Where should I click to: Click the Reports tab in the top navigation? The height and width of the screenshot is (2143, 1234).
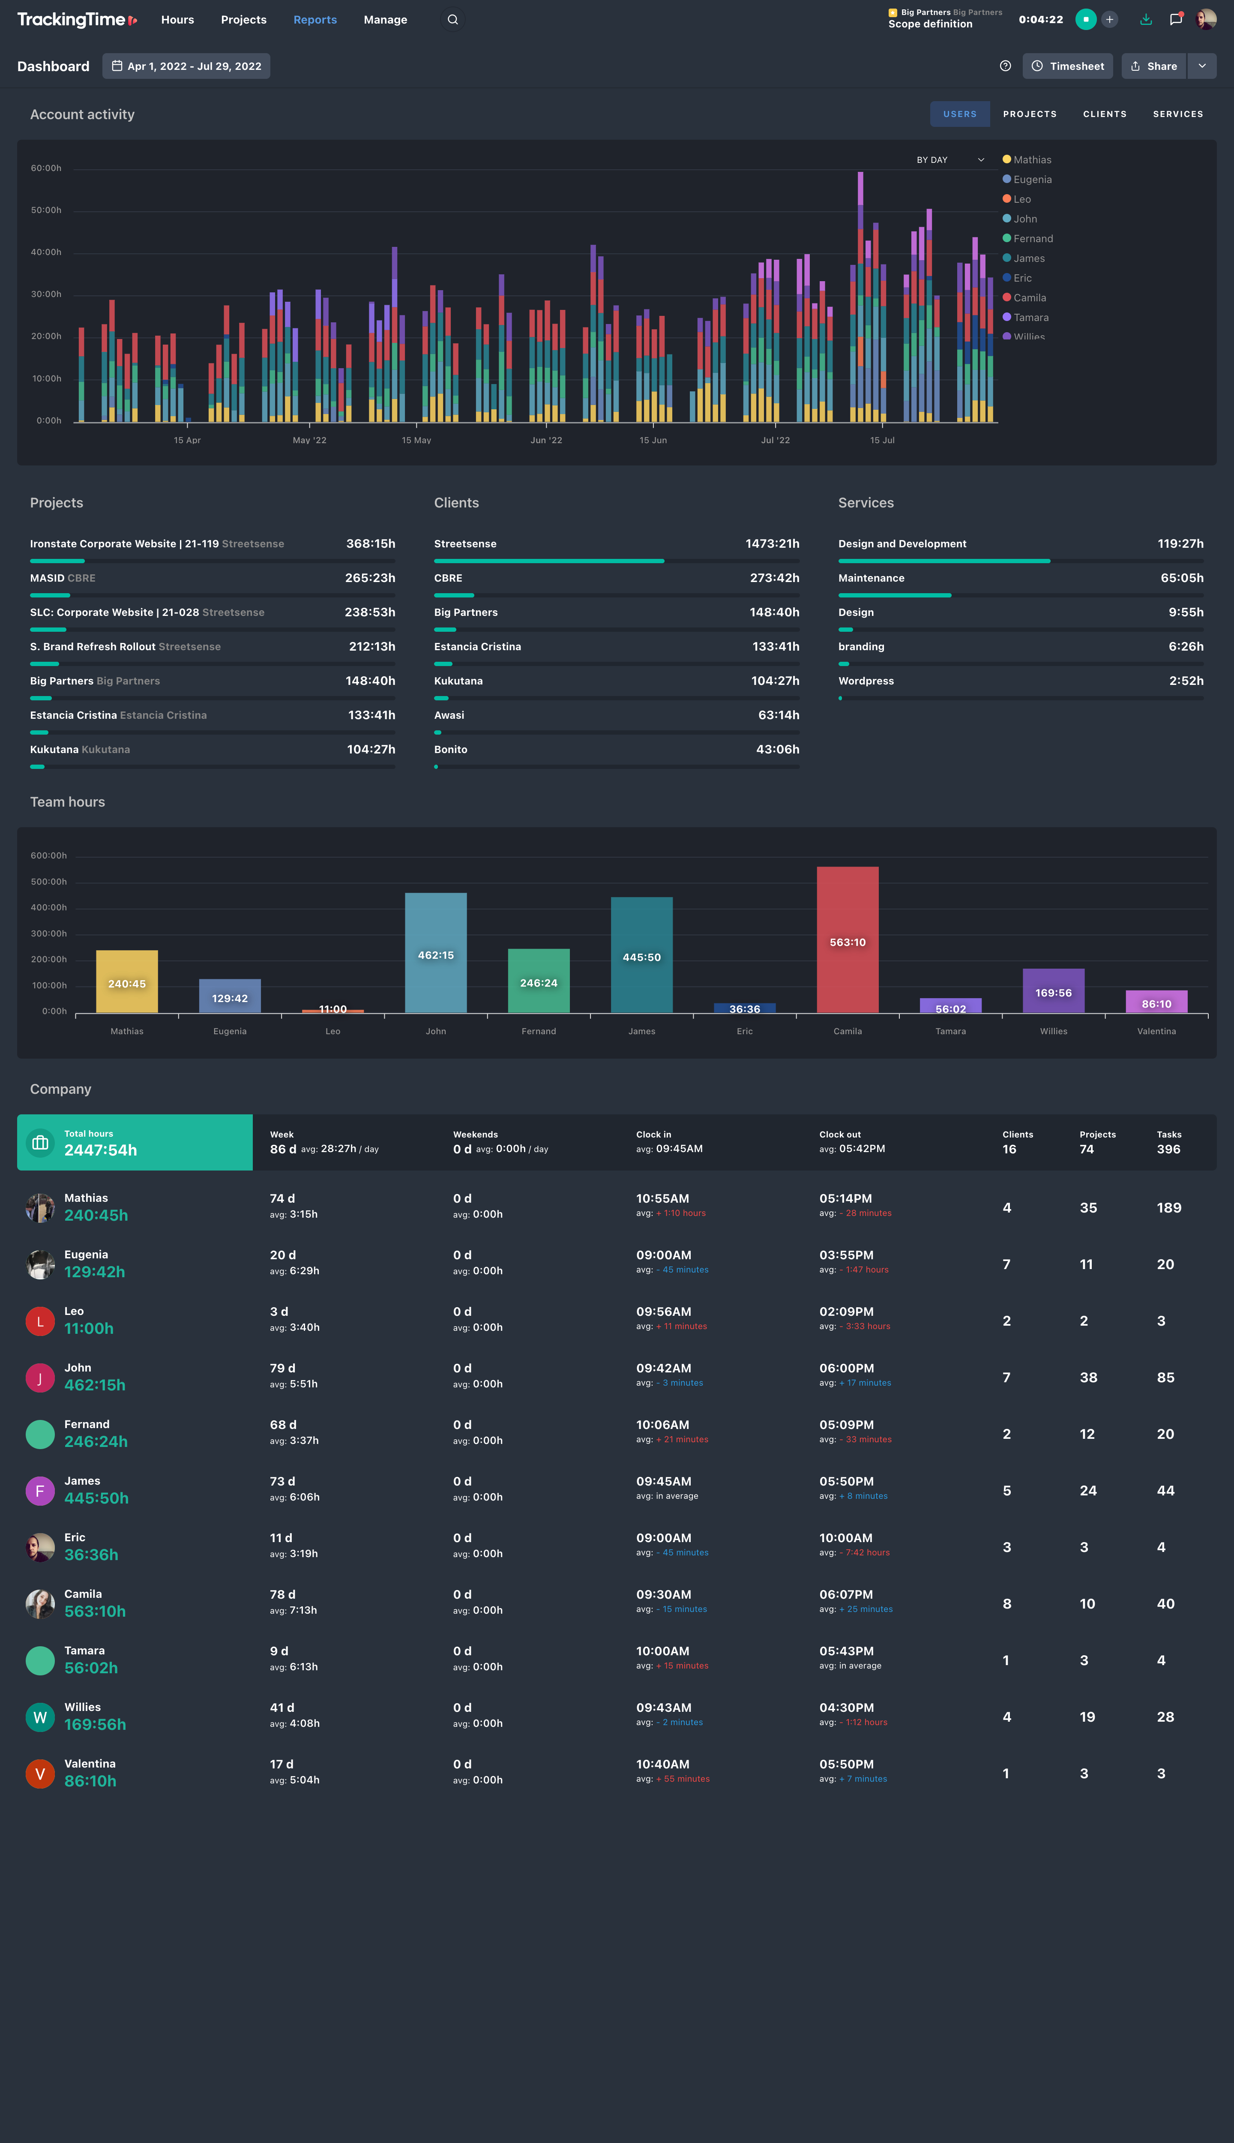pos(314,19)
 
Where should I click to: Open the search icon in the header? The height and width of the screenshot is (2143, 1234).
pos(452,19)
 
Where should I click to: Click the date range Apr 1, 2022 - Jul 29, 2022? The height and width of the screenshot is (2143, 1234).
pos(186,66)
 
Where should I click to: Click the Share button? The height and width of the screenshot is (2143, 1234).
pos(1153,66)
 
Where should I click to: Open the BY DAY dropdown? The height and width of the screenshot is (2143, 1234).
pos(949,159)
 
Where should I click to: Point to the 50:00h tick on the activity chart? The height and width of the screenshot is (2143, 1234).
pos(46,210)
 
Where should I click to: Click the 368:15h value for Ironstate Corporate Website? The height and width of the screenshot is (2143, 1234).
pos(370,543)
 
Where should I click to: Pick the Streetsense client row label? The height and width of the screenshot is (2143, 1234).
pos(465,543)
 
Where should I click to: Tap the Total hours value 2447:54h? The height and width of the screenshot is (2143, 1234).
pos(101,1150)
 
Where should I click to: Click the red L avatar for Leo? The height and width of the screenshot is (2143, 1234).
pos(40,1321)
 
